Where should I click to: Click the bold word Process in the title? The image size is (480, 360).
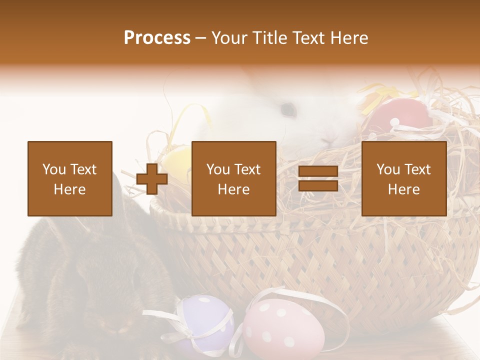click(157, 37)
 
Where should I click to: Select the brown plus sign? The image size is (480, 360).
click(152, 178)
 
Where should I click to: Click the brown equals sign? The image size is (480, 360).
click(318, 178)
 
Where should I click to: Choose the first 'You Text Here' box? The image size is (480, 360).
click(70, 178)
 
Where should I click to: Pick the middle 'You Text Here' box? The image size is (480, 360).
click(234, 178)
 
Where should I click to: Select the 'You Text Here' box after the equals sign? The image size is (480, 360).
click(404, 178)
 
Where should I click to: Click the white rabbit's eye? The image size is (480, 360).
click(287, 108)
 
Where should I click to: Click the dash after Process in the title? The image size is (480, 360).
click(200, 38)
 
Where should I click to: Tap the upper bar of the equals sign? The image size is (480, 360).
click(318, 171)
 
